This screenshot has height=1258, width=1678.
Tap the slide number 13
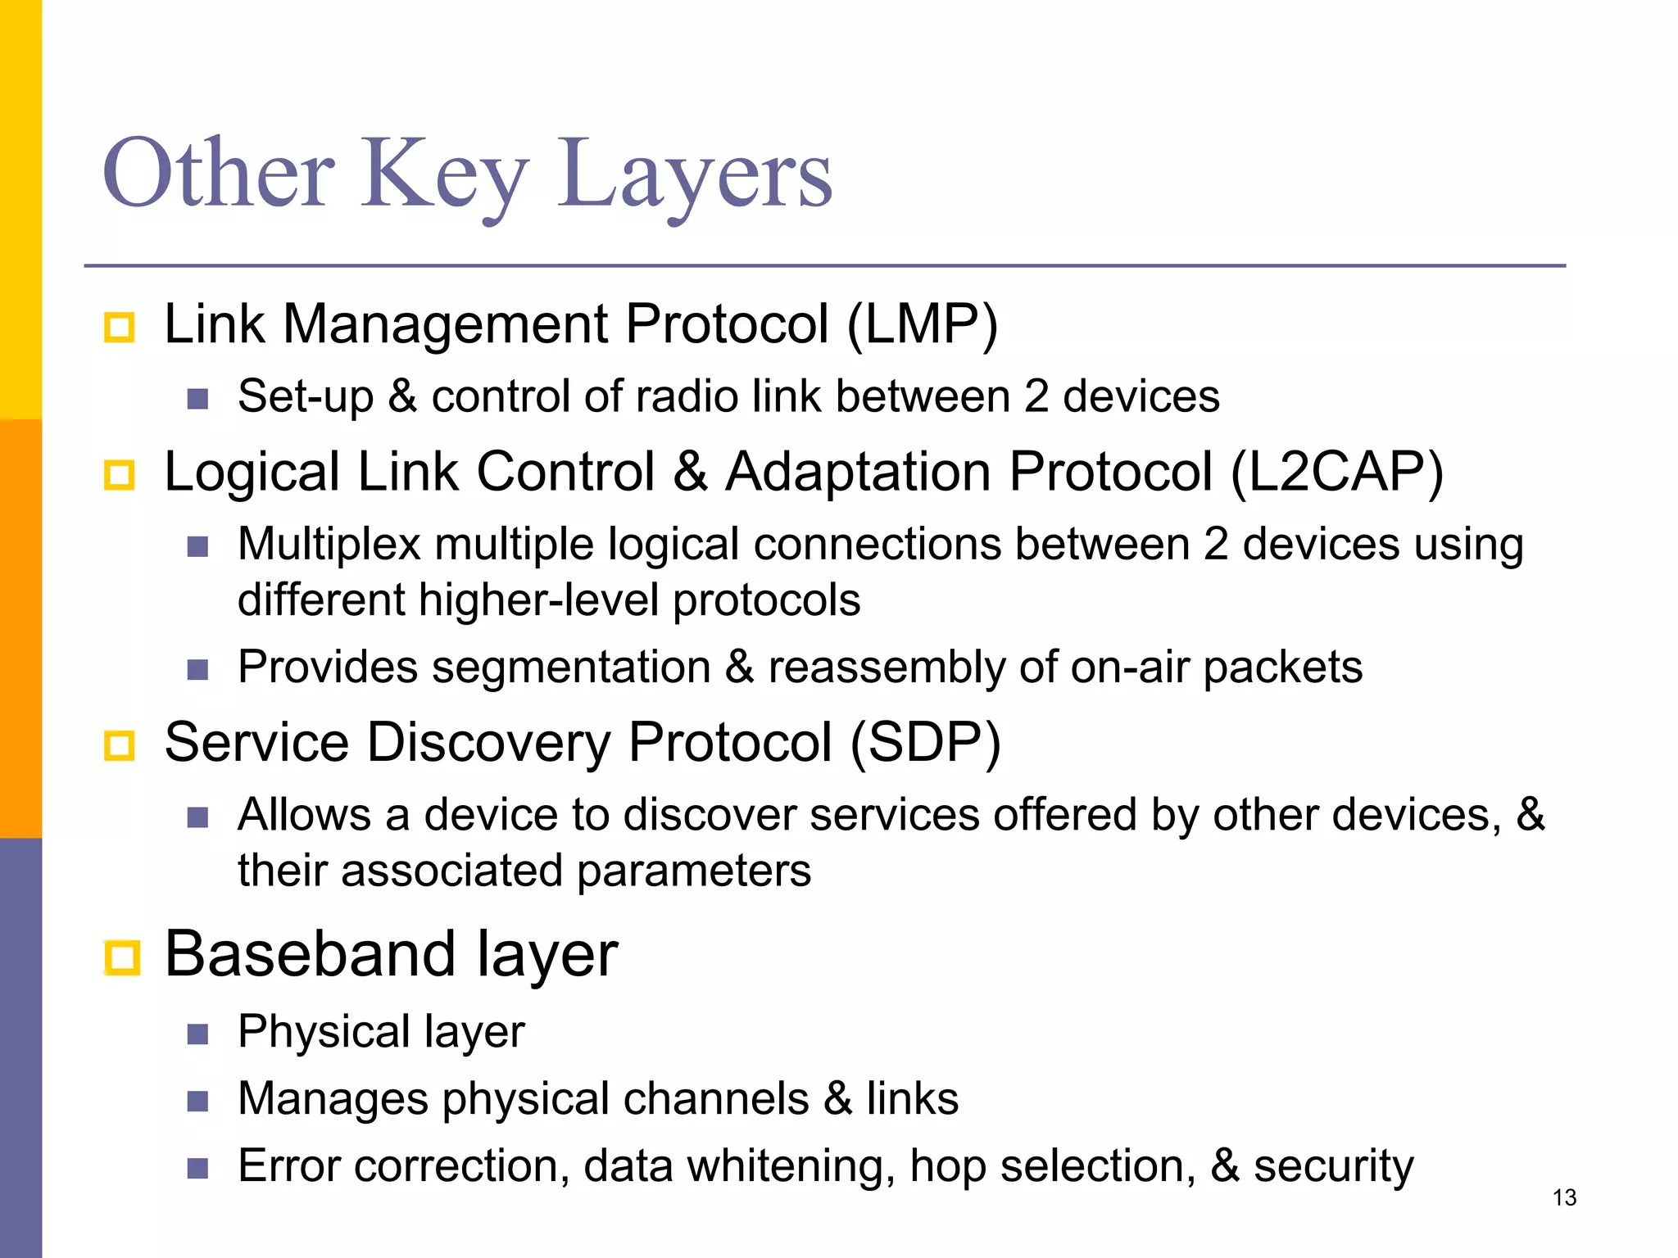click(x=1564, y=1197)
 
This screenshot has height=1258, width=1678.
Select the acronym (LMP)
click(x=922, y=324)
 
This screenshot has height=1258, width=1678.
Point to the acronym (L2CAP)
click(x=1336, y=473)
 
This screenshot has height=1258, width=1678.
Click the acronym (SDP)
click(x=925, y=743)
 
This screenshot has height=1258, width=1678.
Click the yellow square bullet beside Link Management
click(x=120, y=328)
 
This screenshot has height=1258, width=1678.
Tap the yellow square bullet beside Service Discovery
click(x=120, y=746)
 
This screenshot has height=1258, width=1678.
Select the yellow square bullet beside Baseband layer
click(x=122, y=957)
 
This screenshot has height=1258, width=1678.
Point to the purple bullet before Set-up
click(x=197, y=399)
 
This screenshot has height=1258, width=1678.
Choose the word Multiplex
click(x=329, y=545)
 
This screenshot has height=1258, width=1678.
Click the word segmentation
click(x=571, y=667)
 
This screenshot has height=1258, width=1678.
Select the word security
click(x=1333, y=1166)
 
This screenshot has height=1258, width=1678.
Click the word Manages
click(x=333, y=1098)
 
